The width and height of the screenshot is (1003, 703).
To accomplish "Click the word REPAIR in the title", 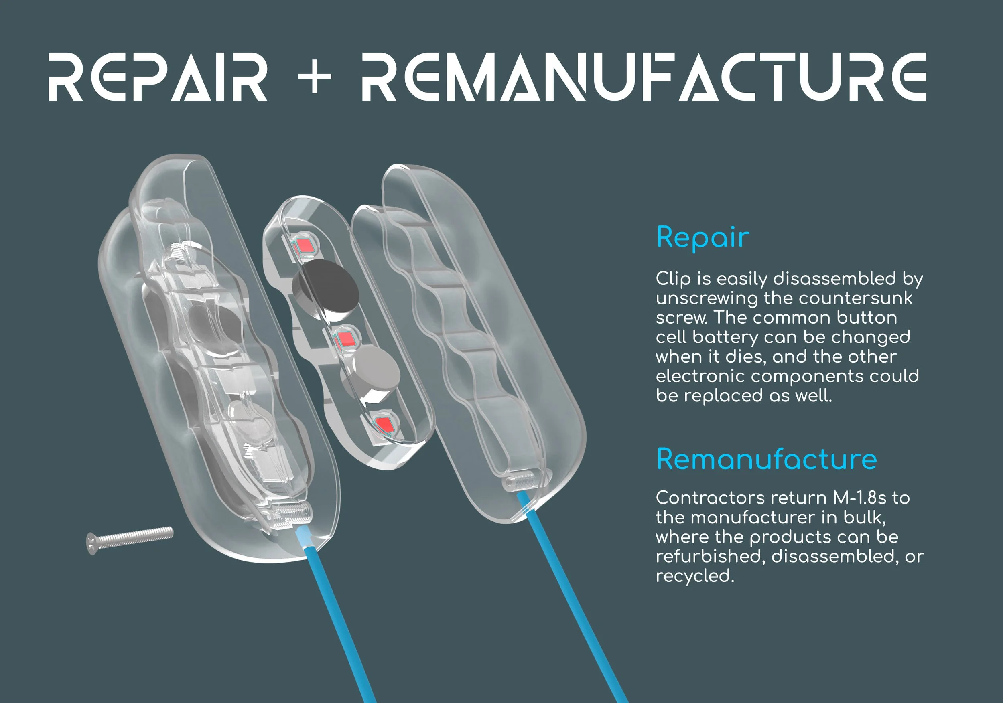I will coord(157,77).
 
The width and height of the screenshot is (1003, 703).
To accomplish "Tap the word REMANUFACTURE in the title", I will coord(644,77).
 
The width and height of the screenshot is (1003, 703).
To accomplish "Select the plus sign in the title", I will coord(315,77).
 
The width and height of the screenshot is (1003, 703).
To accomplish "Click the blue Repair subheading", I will coord(703,238).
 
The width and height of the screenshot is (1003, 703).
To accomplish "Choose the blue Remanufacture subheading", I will coord(767,460).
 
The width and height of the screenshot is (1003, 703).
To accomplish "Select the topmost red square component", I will coord(305,245).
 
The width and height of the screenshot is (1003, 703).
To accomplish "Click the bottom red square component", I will coord(384,423).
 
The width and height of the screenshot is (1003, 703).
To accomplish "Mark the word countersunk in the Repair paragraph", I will coord(855,299).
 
